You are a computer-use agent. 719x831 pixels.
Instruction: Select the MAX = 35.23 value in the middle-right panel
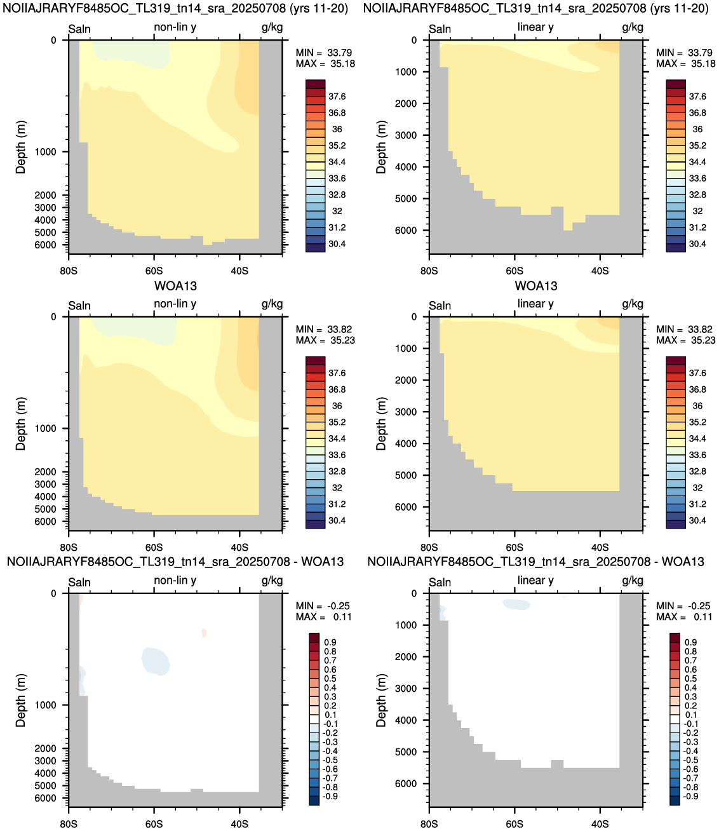[x=686, y=340]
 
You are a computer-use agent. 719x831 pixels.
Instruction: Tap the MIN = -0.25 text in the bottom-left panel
[x=323, y=605]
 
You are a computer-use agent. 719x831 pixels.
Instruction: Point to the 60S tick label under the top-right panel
[x=514, y=271]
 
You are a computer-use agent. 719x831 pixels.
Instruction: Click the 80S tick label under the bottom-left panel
[x=69, y=824]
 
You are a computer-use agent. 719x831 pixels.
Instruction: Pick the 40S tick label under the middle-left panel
[x=239, y=547]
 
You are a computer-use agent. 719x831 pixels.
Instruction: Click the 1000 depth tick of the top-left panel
[x=46, y=152]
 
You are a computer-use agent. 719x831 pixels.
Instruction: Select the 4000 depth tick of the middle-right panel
[x=406, y=443]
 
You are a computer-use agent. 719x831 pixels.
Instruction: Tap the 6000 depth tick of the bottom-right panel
[x=406, y=783]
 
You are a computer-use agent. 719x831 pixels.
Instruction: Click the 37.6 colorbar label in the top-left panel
[x=337, y=97]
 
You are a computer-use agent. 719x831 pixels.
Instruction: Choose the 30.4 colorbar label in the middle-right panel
[x=697, y=520]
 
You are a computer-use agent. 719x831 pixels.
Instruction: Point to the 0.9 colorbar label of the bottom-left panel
[x=330, y=642]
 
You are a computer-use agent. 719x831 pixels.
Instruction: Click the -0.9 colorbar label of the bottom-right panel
[x=690, y=796]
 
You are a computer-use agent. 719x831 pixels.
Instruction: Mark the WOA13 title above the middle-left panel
[x=176, y=286]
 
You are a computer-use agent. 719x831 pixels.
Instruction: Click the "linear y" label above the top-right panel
[x=535, y=27]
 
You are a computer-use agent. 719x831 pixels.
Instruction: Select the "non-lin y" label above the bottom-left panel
[x=175, y=580]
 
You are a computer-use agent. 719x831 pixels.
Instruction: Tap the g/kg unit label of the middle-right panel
[x=633, y=304]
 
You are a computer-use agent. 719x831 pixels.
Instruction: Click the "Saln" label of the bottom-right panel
[x=440, y=582]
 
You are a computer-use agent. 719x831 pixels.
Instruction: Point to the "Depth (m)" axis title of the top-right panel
[x=381, y=147]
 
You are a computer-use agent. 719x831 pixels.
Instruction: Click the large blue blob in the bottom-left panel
[x=156, y=661]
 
